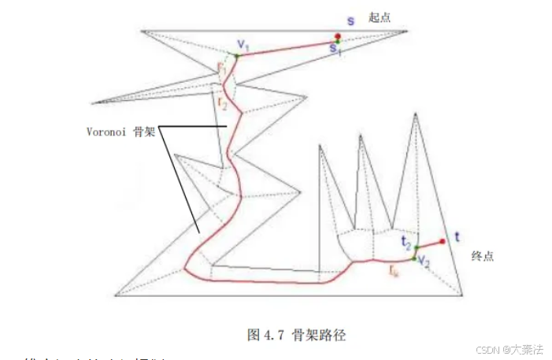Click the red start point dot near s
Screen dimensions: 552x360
pyautogui.click(x=337, y=36)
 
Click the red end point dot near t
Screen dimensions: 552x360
pyautogui.click(x=443, y=241)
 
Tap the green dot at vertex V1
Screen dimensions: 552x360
pyautogui.click(x=236, y=57)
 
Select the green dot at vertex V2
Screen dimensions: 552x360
pyautogui.click(x=413, y=258)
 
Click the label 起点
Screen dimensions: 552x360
pyautogui.click(x=380, y=17)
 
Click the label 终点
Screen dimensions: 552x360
pyautogui.click(x=482, y=257)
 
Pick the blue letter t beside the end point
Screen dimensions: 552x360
pyautogui.click(x=457, y=236)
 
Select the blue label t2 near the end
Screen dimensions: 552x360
pyautogui.click(x=405, y=239)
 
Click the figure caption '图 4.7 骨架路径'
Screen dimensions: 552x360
pyautogui.click(x=296, y=335)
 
